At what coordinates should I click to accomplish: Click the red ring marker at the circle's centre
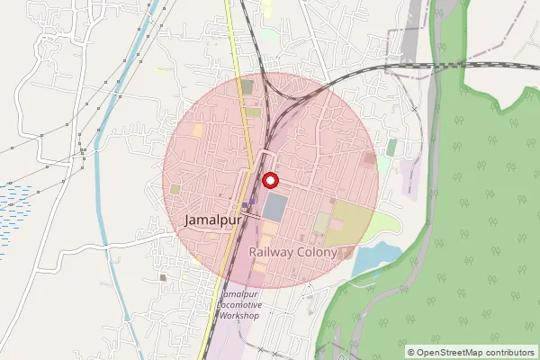(x=269, y=181)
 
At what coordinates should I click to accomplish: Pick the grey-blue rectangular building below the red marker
(x=276, y=207)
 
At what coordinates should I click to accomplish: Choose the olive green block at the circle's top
(x=247, y=87)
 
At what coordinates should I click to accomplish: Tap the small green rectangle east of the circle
(x=391, y=147)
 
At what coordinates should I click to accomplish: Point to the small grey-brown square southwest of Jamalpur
(x=163, y=277)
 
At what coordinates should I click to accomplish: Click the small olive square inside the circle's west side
(x=175, y=189)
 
